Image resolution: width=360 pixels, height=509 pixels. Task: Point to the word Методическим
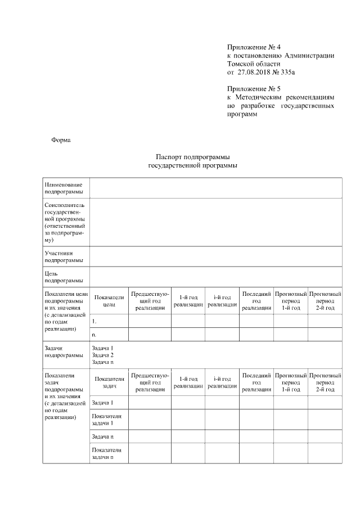pos(260,97)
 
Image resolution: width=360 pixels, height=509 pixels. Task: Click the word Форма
pos(61,140)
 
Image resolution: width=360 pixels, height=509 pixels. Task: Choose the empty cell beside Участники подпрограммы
pos(215,256)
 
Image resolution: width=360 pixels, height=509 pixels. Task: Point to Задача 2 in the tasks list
pos(102,355)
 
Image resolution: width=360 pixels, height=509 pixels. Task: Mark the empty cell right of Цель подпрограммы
pos(215,276)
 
